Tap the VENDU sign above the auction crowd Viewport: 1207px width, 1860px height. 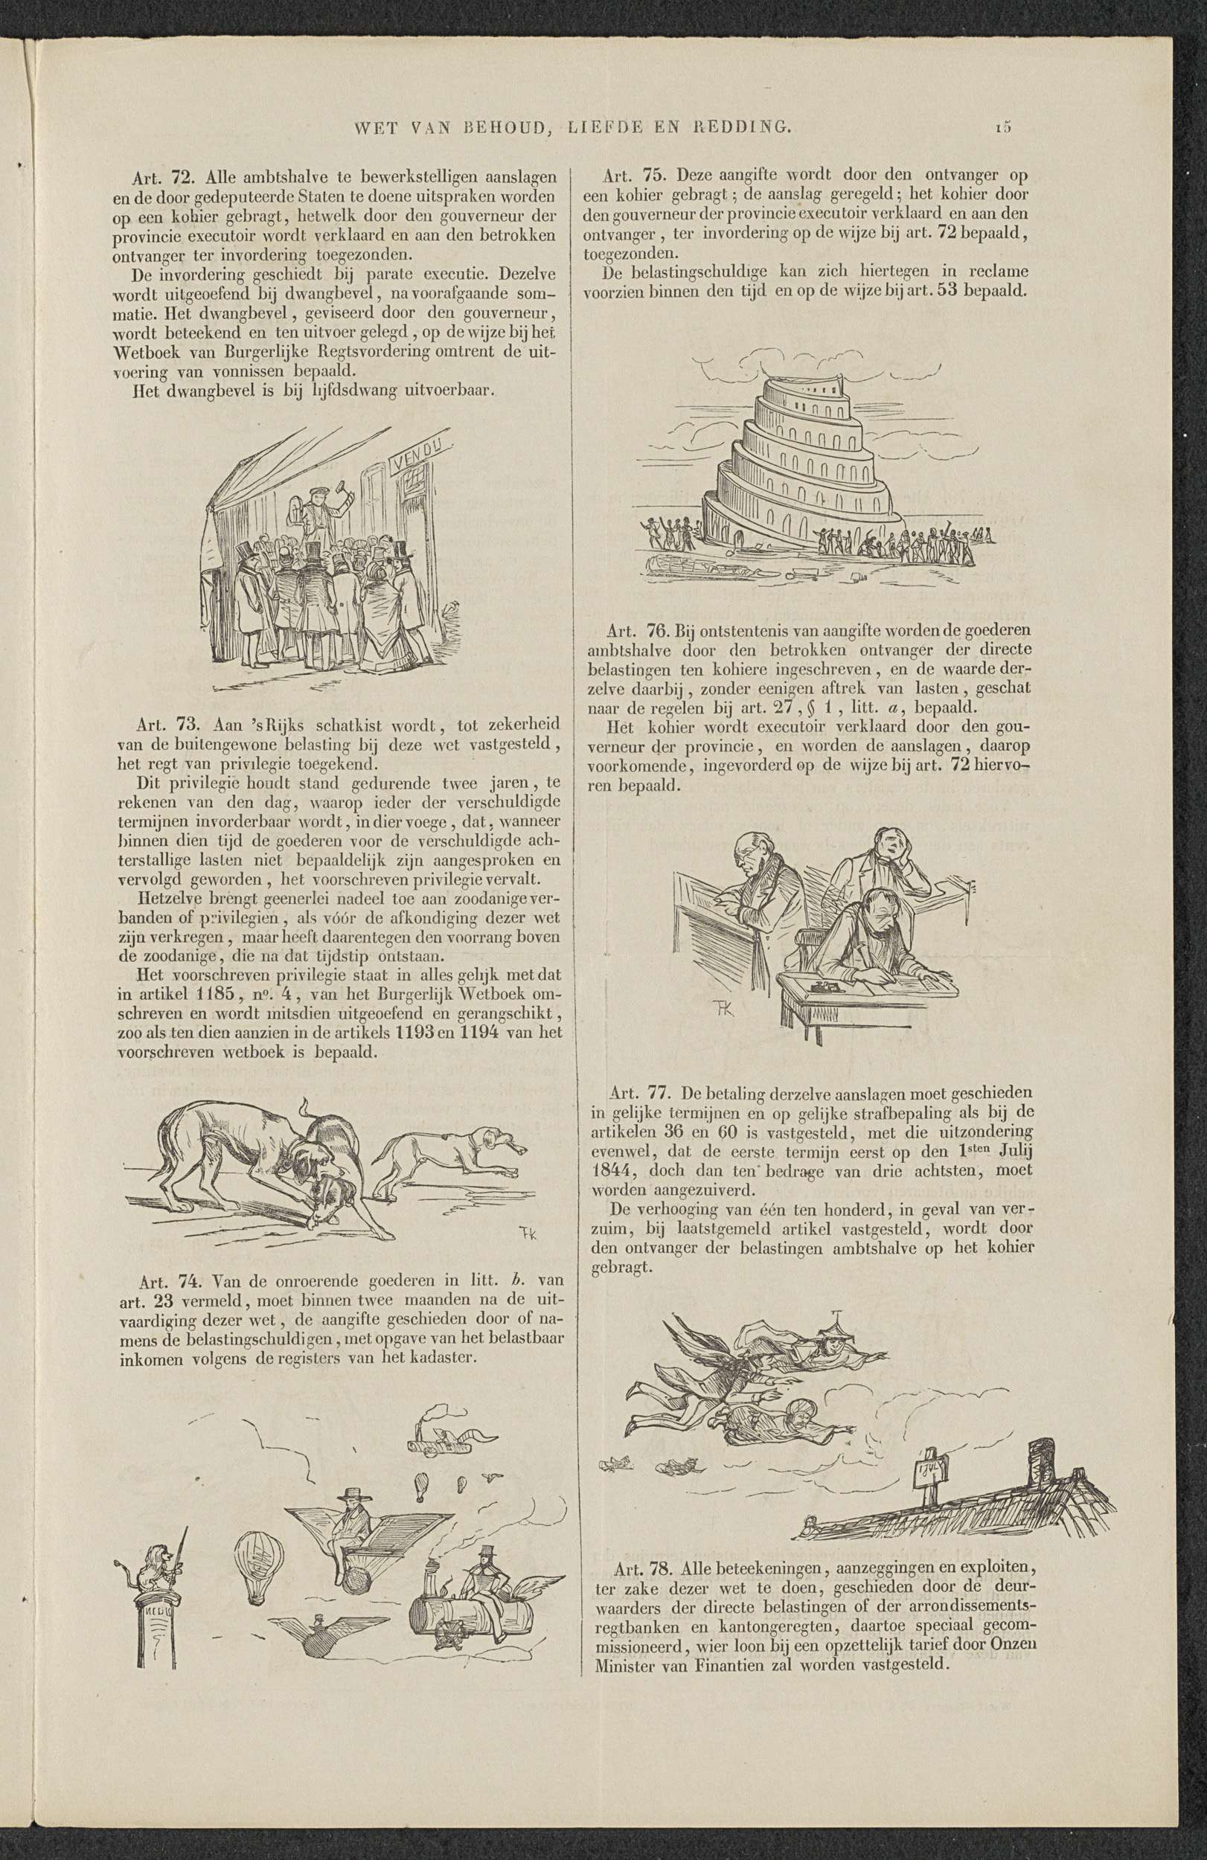(x=424, y=453)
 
